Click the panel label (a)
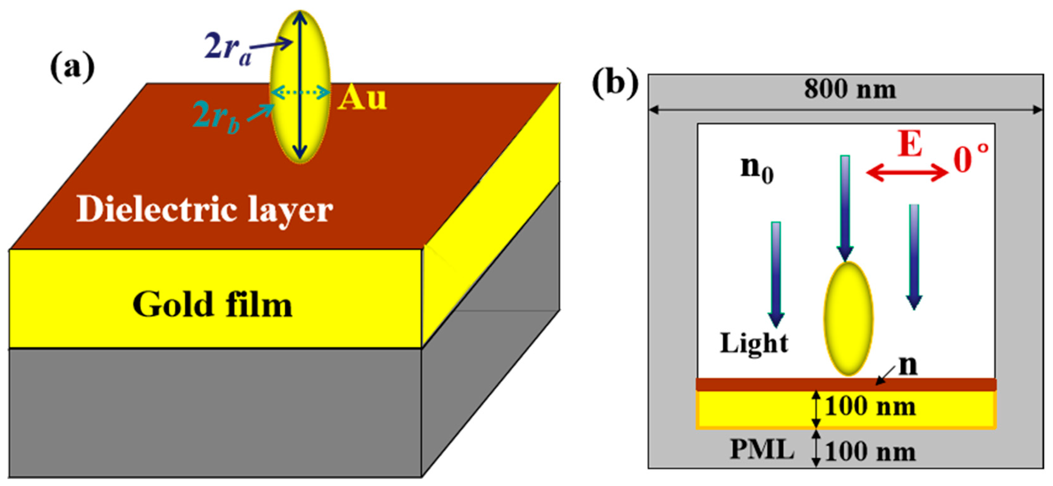[x=72, y=68]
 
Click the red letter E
[x=910, y=144]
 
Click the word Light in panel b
[x=754, y=343]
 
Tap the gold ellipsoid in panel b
[x=848, y=319]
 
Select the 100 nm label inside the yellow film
[x=870, y=407]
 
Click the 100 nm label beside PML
[x=870, y=452]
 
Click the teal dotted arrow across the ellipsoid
[x=300, y=93]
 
